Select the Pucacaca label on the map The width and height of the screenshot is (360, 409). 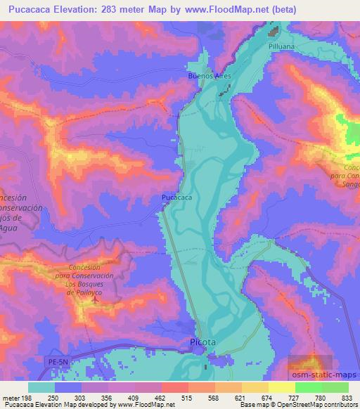coord(176,198)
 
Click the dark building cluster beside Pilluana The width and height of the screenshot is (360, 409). coord(275,31)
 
